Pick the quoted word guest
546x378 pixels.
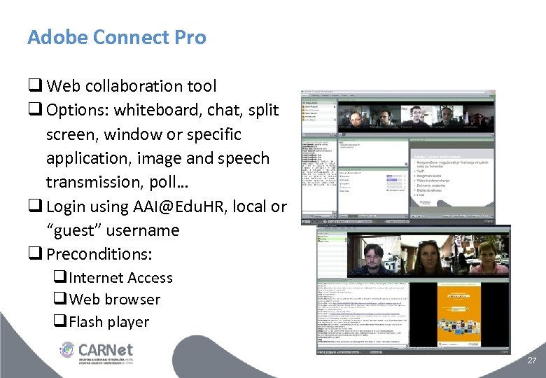pyautogui.click(x=82, y=230)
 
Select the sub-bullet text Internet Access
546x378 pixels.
pyautogui.click(x=120, y=278)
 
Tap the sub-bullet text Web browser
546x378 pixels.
pyautogui.click(x=115, y=300)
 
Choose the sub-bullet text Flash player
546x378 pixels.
pyautogui.click(x=109, y=322)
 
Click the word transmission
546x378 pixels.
pyautogui.click(x=96, y=182)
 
